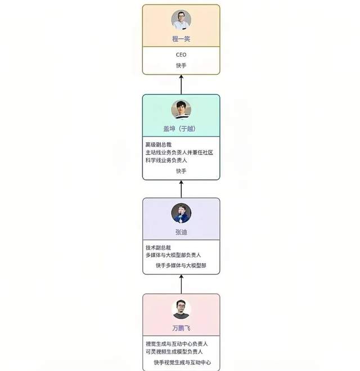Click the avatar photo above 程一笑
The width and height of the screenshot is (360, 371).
click(x=181, y=20)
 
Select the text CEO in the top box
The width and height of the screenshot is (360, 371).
click(x=181, y=55)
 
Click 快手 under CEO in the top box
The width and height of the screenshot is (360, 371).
click(x=181, y=66)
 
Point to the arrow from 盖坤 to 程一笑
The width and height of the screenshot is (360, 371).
click(x=181, y=84)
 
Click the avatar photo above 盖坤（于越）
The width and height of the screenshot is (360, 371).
click(x=181, y=109)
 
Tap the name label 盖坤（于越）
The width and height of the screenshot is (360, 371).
click(x=181, y=129)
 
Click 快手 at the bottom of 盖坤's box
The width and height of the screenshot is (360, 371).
click(x=181, y=171)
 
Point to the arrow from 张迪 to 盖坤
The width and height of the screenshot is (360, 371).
click(x=181, y=189)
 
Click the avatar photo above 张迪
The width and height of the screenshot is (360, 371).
click(x=181, y=213)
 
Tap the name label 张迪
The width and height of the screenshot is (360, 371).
click(x=181, y=232)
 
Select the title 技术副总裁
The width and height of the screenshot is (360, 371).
click(x=158, y=248)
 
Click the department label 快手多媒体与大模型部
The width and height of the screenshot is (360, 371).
click(x=181, y=265)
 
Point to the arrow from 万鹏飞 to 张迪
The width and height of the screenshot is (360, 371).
click(x=181, y=284)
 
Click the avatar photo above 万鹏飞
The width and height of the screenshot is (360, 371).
click(x=181, y=309)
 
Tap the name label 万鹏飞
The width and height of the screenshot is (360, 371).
click(x=181, y=328)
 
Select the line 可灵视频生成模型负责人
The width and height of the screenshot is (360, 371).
click(x=174, y=351)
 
